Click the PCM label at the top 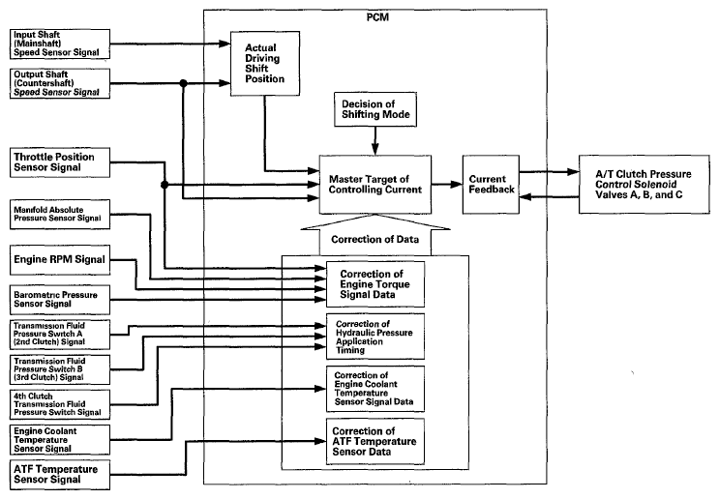point(377,17)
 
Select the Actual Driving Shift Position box point(265,64)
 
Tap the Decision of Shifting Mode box point(375,109)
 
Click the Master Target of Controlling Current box point(375,185)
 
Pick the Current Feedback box point(491,185)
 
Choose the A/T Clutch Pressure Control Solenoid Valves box point(644,184)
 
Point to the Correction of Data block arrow point(375,235)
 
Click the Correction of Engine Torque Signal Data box point(375,284)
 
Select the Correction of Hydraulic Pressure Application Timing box point(375,337)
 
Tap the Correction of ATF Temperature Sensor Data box point(375,441)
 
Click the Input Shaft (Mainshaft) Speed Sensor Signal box point(60,44)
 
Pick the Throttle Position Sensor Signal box point(60,162)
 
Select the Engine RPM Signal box point(60,260)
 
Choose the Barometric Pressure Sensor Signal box point(60,300)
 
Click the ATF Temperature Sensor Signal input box point(60,475)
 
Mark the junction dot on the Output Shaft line point(184,83)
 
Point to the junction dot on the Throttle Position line point(165,185)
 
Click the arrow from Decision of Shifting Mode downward point(375,140)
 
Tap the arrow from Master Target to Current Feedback point(447,184)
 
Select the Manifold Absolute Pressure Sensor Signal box point(60,215)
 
